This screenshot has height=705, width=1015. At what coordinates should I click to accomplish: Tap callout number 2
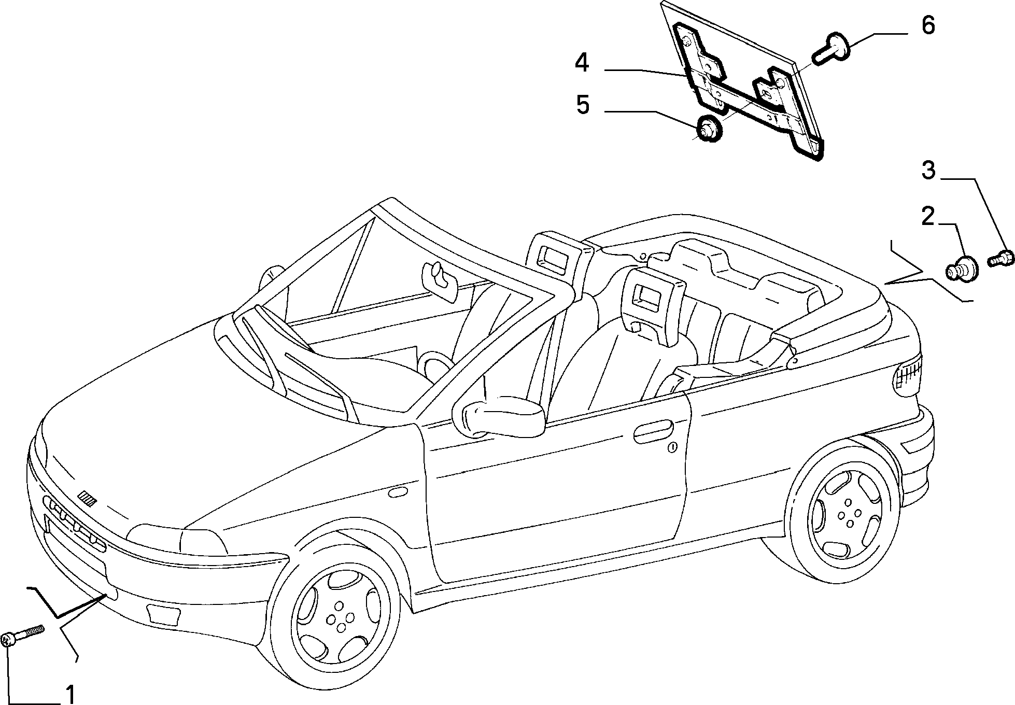click(927, 216)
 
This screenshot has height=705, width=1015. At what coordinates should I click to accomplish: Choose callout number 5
click(583, 105)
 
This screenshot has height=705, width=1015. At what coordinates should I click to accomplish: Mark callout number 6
click(927, 25)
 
